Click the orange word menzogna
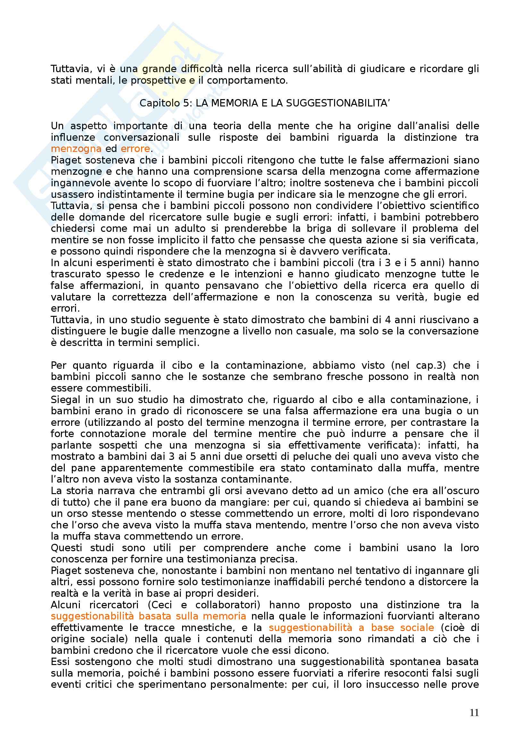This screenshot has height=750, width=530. [x=76, y=149]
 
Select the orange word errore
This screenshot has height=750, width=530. [x=135, y=149]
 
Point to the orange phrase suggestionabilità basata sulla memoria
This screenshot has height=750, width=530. [x=148, y=616]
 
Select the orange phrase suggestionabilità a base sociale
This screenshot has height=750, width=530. [x=351, y=628]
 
